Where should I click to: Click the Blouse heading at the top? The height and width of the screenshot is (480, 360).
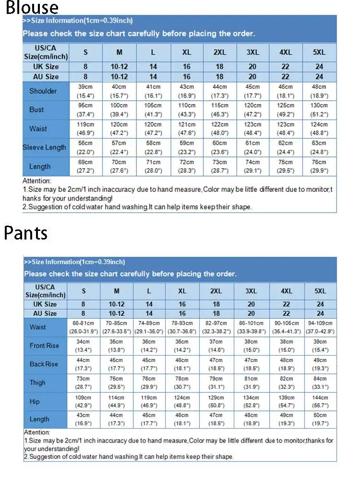coord(32,8)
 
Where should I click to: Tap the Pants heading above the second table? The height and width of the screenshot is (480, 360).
coord(26,232)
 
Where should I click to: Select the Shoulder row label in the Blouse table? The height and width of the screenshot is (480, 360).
coord(43,91)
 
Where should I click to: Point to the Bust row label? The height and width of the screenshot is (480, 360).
coord(36,110)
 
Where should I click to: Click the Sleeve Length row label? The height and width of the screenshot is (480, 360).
coord(44,147)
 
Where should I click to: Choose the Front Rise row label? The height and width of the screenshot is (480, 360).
coord(44,346)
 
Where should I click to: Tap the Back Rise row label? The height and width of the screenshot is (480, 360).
coord(44,364)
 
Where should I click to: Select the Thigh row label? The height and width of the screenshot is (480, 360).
coord(37,383)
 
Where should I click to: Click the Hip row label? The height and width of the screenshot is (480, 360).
coord(35,401)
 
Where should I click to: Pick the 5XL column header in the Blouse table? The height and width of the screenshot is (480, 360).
coord(319,52)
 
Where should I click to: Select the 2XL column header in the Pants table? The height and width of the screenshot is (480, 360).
coord(216,291)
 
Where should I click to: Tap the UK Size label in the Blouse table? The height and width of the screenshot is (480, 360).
coord(46,67)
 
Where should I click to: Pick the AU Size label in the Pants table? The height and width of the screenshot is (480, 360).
coord(45,313)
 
